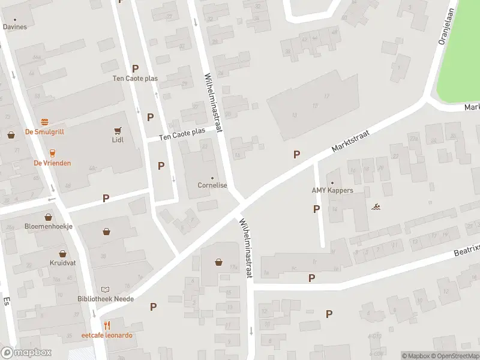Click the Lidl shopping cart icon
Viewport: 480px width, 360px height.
point(117,130)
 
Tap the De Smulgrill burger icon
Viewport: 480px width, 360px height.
point(44,122)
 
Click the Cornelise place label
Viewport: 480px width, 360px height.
point(212,185)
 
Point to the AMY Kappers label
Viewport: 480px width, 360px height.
point(332,191)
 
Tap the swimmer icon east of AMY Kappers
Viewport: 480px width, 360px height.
point(376,207)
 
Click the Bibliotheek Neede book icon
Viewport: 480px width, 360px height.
point(106,289)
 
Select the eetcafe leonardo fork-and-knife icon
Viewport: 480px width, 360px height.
point(107,325)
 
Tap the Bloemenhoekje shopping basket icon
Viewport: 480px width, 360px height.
point(48,217)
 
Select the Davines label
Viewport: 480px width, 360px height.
point(15,26)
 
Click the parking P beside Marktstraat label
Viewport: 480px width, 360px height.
point(296,154)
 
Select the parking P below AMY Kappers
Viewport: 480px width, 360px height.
point(316,209)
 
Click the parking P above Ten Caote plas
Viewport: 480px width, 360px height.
point(136,68)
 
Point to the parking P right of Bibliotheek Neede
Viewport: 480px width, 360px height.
point(153,307)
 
